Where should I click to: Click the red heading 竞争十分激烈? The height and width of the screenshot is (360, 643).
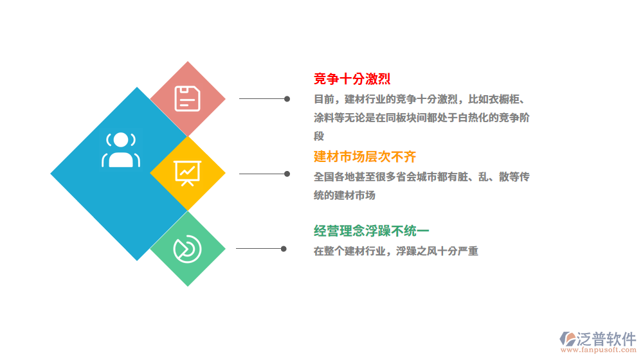tap(352, 79)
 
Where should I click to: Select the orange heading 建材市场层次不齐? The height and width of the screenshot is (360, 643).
tap(365, 156)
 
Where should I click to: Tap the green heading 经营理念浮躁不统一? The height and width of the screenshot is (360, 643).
tap(371, 231)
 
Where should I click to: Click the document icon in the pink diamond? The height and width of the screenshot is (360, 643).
tap(188, 99)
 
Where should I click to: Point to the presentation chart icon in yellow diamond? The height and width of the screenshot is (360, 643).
tap(188, 173)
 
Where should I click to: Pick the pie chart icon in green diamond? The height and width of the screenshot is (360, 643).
tap(187, 249)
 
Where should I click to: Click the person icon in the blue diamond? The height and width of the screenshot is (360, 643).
tap(120, 150)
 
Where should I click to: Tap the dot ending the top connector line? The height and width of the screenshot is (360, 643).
tap(287, 99)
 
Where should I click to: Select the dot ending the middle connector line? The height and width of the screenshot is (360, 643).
tap(287, 174)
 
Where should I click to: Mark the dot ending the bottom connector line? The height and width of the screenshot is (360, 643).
tap(284, 248)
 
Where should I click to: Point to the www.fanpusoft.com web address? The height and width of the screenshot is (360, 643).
tap(597, 350)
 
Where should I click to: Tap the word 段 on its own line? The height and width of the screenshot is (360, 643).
tap(319, 136)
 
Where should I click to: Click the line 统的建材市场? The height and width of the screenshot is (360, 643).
tap(344, 195)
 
